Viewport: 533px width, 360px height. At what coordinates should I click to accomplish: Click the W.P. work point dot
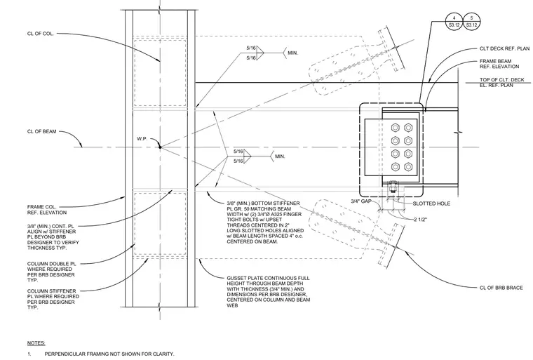[160, 147]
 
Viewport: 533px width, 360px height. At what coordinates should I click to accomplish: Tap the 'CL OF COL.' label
[41, 34]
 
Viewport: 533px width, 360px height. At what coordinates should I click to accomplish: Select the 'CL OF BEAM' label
[42, 131]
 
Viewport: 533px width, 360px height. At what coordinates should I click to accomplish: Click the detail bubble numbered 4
[454, 21]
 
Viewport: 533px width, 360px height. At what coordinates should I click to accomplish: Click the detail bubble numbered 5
[471, 21]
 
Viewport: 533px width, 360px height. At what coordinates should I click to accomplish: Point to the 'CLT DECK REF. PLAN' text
[504, 48]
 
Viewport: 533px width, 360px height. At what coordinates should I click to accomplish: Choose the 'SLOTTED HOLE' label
[431, 204]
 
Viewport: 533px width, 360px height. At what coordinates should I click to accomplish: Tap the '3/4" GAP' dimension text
[361, 201]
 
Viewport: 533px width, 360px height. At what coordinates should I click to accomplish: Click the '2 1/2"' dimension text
[420, 220]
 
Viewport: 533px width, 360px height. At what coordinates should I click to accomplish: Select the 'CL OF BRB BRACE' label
[501, 288]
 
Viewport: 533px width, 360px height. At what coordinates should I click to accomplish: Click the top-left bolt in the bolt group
[395, 128]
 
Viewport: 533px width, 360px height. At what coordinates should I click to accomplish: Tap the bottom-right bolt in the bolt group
[408, 167]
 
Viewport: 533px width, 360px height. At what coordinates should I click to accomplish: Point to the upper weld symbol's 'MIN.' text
[292, 53]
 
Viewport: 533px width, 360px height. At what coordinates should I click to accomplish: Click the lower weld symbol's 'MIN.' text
[280, 156]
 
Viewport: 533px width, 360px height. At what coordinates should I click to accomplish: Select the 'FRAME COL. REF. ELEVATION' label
[47, 210]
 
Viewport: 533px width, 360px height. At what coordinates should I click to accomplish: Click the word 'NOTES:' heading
[36, 343]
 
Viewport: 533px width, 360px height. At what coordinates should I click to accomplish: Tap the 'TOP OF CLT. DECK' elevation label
[501, 79]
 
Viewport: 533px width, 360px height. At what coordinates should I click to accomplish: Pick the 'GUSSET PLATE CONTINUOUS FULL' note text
[268, 278]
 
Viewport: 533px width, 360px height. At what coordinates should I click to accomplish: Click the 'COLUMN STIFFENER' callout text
[52, 291]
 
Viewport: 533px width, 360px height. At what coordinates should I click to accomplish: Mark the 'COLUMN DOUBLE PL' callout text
[52, 264]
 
